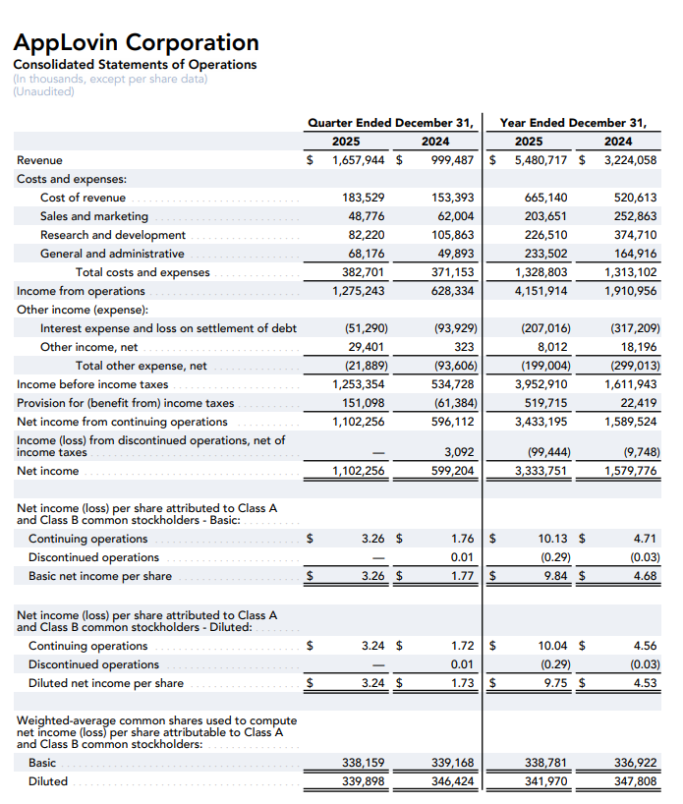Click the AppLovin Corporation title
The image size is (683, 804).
pos(137,42)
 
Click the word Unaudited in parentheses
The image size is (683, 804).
pos(44,91)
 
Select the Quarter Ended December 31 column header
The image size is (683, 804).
pos(390,123)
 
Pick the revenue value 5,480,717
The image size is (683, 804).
pos(538,160)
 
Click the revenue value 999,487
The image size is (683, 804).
pos(453,160)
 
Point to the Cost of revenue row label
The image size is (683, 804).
pos(83,198)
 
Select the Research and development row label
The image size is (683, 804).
pos(112,235)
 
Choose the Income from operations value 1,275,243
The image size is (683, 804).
pos(359,291)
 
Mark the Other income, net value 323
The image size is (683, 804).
pos(465,347)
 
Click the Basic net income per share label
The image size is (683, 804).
pos(99,576)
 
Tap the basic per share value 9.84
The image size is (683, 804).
pos(553,576)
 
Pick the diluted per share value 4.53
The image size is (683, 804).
pos(645,683)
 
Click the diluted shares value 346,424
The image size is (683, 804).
pos(453,781)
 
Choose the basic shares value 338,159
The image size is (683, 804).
pos(363,763)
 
